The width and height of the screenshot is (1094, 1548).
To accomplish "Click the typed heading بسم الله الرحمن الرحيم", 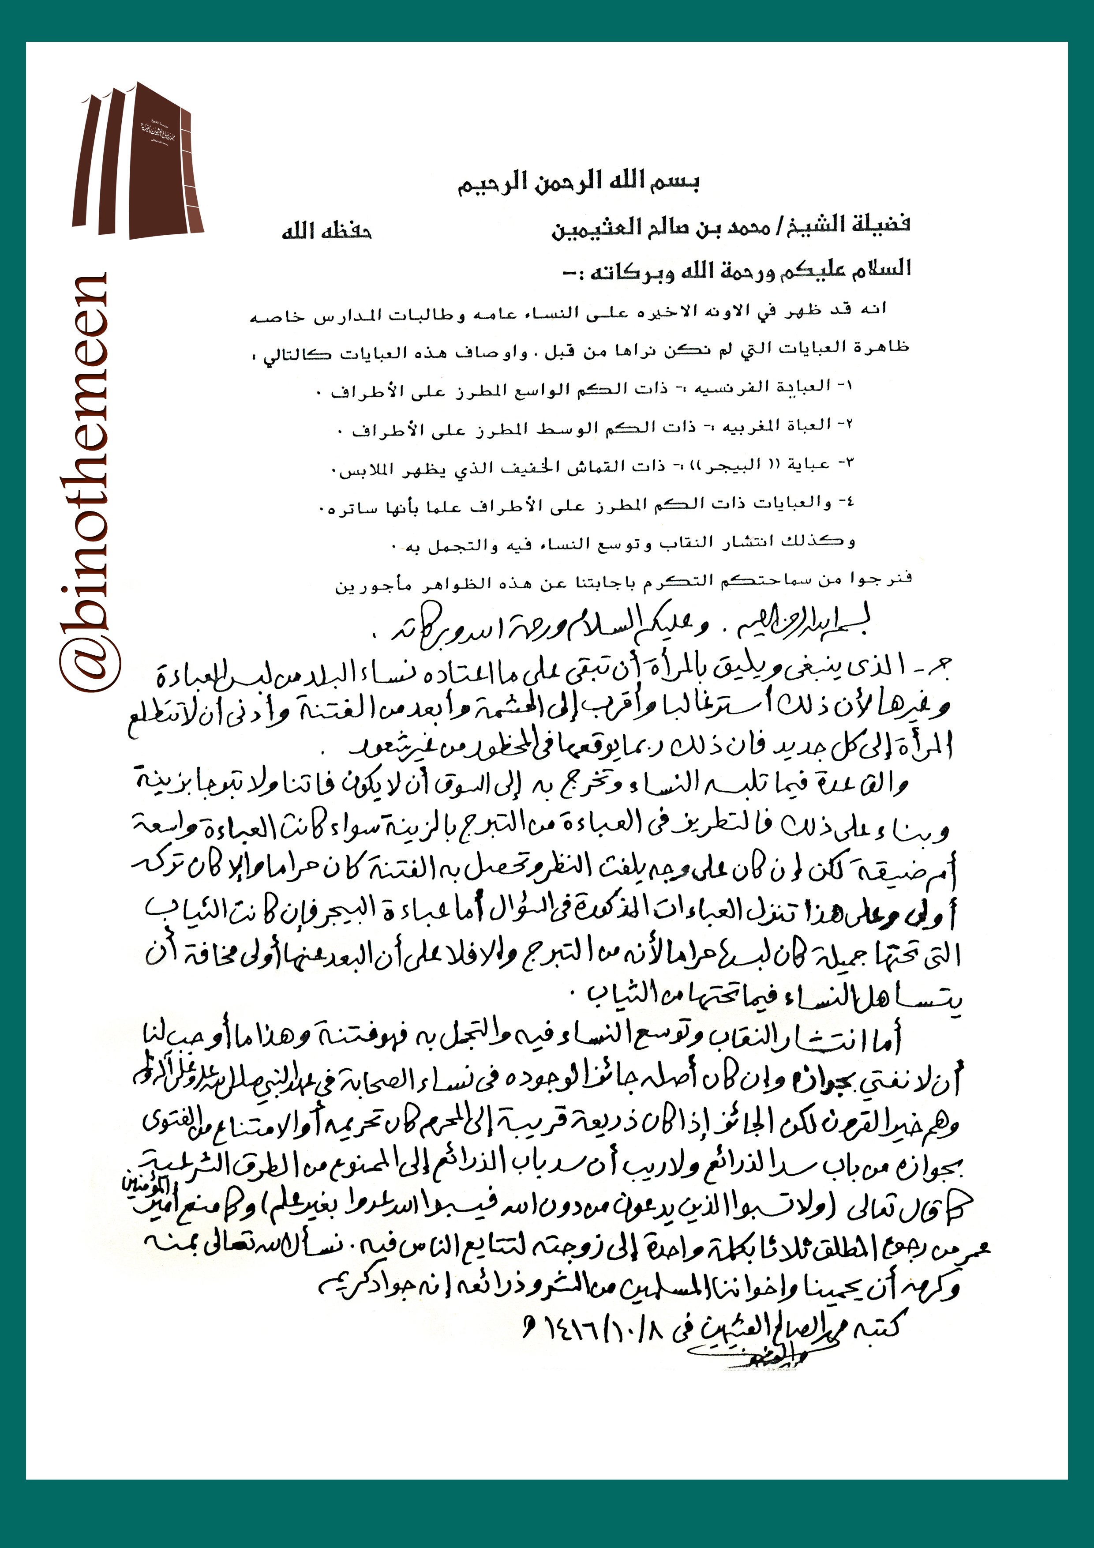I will click(578, 183).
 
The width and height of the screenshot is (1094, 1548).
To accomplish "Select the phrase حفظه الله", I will click(327, 231).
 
